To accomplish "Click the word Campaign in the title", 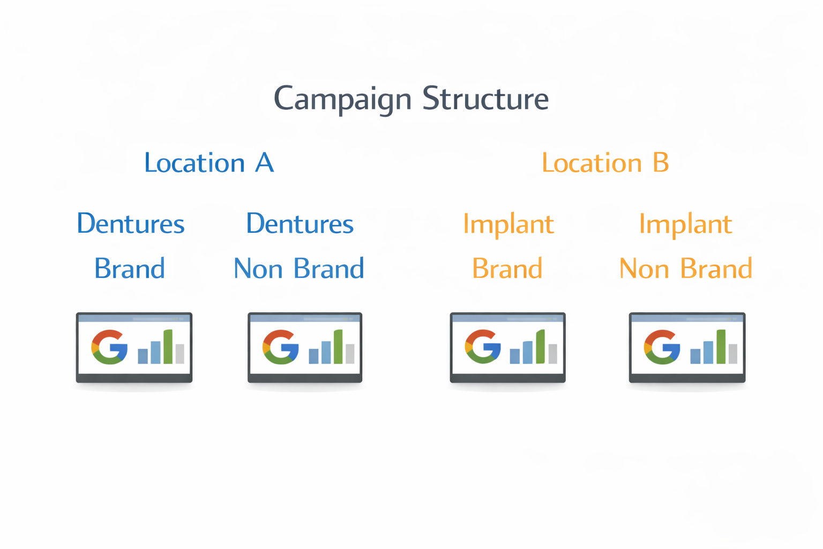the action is [342, 99].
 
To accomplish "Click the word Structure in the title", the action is [485, 99].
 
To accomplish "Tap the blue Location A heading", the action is [209, 163].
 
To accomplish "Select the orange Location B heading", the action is [605, 163].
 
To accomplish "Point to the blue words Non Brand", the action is [299, 269].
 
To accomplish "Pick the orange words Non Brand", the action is [685, 269].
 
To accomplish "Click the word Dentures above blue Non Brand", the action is [300, 224].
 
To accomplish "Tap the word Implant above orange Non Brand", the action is [685, 224].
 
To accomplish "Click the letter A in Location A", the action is [264, 163].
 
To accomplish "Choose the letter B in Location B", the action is [661, 163].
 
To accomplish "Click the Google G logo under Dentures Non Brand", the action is [280, 347].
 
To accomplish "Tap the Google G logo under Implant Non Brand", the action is [662, 347].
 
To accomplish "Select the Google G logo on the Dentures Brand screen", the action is [109, 347].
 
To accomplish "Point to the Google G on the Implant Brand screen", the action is [483, 347].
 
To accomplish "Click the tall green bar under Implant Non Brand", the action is [721, 347].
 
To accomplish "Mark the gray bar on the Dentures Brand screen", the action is [180, 354].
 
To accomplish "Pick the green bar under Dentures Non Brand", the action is [338, 347].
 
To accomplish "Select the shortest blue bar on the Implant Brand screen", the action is [514, 356].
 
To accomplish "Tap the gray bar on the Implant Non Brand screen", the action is [732, 354].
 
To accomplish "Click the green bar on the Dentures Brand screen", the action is [168, 347].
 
